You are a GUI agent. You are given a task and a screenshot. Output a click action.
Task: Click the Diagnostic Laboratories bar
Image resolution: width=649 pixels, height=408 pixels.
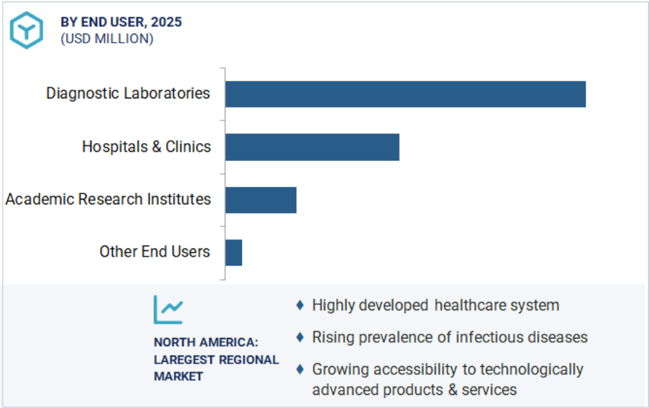coord(405,94)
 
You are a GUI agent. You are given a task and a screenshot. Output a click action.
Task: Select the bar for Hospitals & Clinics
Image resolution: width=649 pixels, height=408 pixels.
coord(312,147)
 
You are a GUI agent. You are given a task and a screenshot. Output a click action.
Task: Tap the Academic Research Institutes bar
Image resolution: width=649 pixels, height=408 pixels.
coord(261,200)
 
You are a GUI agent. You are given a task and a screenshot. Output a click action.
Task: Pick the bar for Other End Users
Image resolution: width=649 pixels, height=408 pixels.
coord(234,253)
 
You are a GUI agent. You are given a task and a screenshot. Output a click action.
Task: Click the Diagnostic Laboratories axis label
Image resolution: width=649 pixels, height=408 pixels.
coord(128,94)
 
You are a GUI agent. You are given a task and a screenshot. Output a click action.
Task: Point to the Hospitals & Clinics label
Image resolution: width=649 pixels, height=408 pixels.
coord(146,147)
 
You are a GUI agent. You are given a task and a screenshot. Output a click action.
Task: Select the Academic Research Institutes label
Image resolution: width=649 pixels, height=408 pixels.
coord(108,200)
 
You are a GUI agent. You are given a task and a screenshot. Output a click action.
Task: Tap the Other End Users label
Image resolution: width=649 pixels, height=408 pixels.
coord(155,252)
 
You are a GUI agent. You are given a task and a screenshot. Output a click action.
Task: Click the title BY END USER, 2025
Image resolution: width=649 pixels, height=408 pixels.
coord(121,22)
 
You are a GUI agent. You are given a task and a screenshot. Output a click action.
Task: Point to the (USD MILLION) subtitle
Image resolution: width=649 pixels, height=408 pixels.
coord(107,39)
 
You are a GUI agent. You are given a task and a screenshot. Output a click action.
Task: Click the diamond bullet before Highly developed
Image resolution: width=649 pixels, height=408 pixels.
coord(300,305)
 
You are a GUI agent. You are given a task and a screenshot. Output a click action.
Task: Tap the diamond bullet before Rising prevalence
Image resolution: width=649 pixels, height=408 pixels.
coord(300,337)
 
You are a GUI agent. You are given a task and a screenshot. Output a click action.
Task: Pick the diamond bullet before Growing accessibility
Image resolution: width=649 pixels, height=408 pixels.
coord(300,369)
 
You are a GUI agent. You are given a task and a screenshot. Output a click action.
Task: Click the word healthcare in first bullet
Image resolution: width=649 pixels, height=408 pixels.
coord(467,305)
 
